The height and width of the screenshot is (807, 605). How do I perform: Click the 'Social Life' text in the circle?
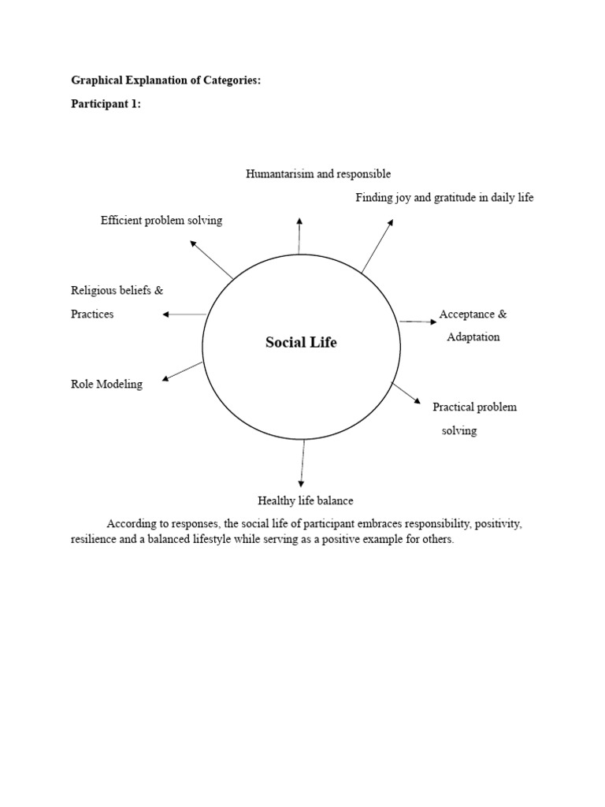300,343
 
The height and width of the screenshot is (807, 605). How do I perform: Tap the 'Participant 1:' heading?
106,104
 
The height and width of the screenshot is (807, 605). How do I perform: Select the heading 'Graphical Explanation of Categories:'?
165,80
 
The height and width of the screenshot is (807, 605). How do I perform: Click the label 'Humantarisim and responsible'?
317,173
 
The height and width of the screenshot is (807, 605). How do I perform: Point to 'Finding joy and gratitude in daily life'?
444,198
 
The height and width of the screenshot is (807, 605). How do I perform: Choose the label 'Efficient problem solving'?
161,221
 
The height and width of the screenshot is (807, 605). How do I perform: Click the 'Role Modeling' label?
106,385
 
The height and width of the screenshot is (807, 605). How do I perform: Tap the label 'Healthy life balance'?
305,500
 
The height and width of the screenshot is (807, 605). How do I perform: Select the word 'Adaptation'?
473,337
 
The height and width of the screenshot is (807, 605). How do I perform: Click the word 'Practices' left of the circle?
92,314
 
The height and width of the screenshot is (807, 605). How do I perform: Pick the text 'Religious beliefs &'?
117,291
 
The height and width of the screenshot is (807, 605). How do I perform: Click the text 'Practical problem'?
474,407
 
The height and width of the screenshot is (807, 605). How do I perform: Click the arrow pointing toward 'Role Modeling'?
183,370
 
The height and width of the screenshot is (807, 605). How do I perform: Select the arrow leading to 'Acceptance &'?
418,322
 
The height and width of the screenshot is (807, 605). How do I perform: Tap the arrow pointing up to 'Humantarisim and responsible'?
299,235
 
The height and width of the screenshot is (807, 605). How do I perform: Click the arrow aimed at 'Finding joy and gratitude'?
377,247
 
